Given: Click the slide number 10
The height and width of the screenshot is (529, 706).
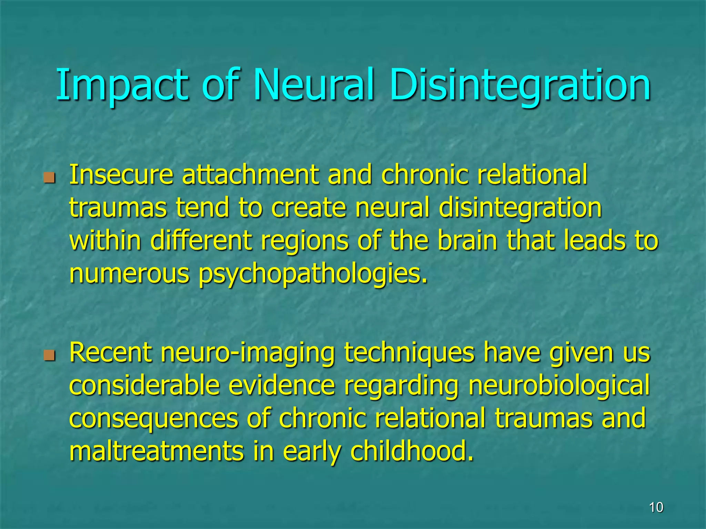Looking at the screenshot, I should pyautogui.click(x=656, y=507).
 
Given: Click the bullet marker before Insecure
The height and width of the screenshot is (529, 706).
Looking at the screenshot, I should pyautogui.click(x=50, y=178).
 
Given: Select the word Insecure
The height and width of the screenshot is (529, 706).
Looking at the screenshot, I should pyautogui.click(x=121, y=175).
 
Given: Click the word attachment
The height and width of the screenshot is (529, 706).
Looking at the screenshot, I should pyautogui.click(x=250, y=175).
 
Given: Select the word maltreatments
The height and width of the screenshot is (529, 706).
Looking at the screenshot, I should pyautogui.click(x=157, y=451).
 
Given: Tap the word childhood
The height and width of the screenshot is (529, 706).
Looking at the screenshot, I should pyautogui.click(x=412, y=451).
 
